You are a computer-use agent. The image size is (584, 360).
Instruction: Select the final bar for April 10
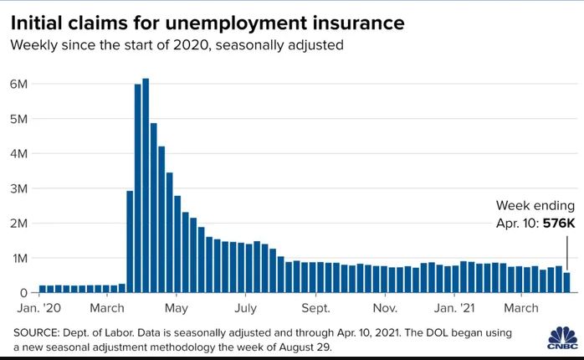tap(567, 283)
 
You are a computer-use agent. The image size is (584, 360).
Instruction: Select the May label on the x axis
tap(176, 308)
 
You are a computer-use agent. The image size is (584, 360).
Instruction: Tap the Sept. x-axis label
tap(316, 308)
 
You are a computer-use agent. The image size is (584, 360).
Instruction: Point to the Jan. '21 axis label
tap(457, 308)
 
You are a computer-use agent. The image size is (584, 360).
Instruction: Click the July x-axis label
tap(245, 308)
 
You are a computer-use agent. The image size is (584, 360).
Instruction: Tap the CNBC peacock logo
tap(557, 341)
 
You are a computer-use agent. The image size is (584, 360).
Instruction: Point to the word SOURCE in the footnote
tap(38, 332)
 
